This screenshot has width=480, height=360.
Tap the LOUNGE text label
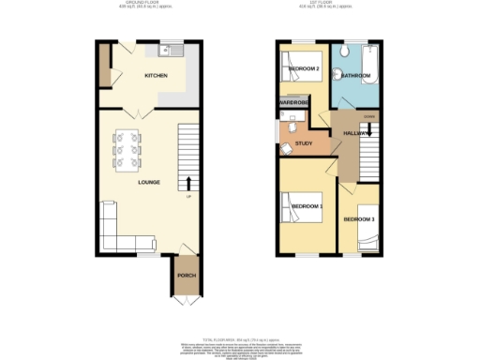(x=149, y=182)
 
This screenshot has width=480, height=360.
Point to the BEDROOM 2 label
(x=305, y=69)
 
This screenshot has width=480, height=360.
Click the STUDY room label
(x=304, y=143)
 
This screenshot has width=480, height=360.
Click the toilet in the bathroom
(x=347, y=52)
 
